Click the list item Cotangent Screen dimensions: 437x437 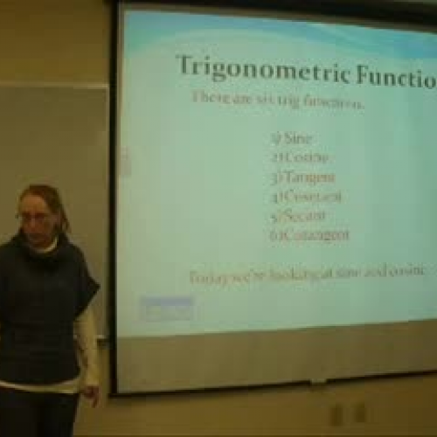[x=309, y=234]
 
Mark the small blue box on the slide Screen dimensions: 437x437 [x=167, y=308]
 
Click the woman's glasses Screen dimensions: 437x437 [x=34, y=215]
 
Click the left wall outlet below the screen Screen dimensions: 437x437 [x=336, y=413]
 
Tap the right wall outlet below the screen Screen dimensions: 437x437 [x=360, y=413]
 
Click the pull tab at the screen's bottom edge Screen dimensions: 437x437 [x=318, y=382]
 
